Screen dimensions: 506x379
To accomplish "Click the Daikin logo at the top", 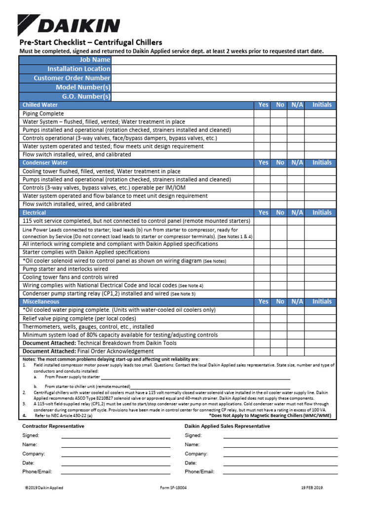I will click(x=69, y=25).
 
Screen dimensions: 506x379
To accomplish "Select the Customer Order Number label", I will click(x=72, y=78).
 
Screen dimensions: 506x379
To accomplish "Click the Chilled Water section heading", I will click(x=40, y=105).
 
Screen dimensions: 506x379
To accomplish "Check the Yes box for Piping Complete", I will click(x=263, y=114).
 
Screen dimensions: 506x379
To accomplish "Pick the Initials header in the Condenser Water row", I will click(x=322, y=163).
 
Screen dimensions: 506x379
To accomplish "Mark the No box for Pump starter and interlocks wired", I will click(x=280, y=269).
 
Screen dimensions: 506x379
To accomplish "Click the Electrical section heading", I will click(x=34, y=212).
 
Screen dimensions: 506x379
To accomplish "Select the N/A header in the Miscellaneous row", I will click(x=297, y=301).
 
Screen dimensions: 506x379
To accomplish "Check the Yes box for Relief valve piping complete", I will click(x=263, y=318).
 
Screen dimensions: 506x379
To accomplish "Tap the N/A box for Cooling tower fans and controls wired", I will click(x=297, y=277).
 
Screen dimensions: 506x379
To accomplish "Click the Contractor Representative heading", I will click(x=53, y=426).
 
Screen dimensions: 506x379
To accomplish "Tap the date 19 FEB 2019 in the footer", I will click(x=312, y=488).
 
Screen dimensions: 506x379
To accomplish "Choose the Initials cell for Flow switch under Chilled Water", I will click(x=322, y=154).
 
